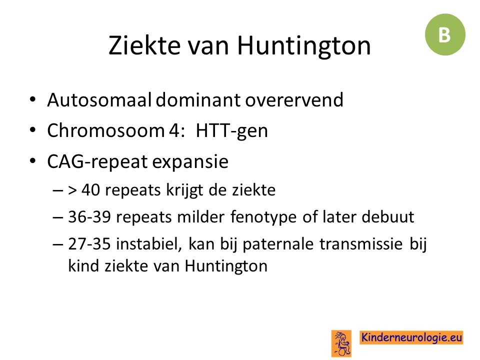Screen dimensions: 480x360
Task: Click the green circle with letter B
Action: pos(445,34)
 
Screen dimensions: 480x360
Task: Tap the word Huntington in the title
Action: pos(304,46)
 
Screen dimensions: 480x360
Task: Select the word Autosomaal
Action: pos(99,100)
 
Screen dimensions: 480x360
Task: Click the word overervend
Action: pos(294,100)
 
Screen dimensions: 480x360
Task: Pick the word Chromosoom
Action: pos(106,130)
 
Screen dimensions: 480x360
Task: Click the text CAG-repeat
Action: pos(97,162)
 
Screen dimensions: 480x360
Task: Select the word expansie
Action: pos(190,162)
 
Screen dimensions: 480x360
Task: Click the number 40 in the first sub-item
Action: pos(90,190)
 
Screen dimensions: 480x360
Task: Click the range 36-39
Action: pos(89,216)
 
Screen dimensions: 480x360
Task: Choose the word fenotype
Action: pos(263,217)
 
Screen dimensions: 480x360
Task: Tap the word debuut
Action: pos(388,216)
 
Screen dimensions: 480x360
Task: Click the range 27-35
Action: pos(89,243)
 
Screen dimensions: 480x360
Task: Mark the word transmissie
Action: pos(361,244)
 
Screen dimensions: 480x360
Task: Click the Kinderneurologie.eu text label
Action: pos(411,337)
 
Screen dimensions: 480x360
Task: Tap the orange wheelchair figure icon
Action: pos(341,343)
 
